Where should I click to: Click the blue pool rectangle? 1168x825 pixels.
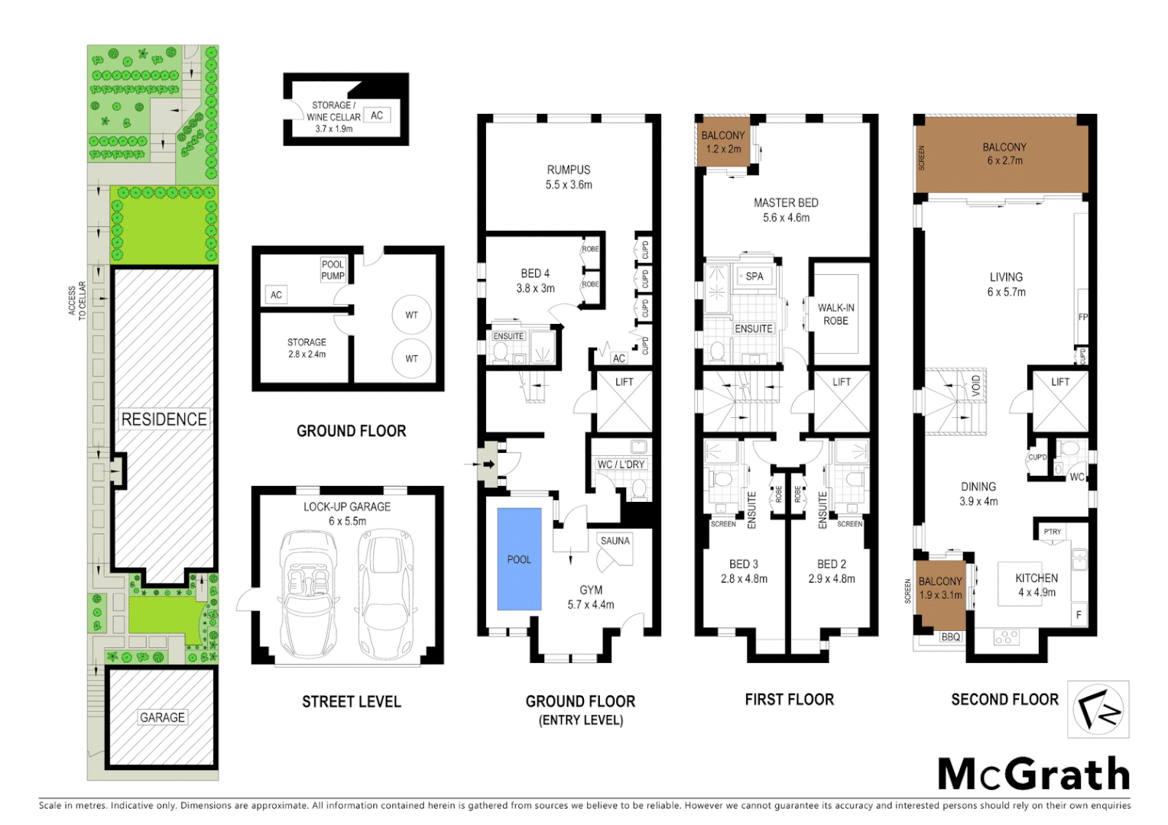(x=519, y=558)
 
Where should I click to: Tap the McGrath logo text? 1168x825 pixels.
(x=1033, y=775)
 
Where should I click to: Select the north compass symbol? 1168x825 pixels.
(x=1098, y=710)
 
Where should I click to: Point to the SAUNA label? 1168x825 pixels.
(x=615, y=541)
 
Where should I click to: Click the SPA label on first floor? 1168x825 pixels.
(x=754, y=277)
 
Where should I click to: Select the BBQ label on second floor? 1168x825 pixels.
(x=950, y=637)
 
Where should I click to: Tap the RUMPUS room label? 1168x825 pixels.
(x=568, y=170)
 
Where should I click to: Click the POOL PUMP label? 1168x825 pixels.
(x=333, y=270)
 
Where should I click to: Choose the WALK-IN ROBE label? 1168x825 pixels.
(x=835, y=314)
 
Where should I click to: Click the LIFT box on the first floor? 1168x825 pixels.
(x=841, y=402)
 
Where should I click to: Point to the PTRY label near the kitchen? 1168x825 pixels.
(x=1052, y=532)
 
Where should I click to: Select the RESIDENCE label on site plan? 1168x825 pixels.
(x=164, y=419)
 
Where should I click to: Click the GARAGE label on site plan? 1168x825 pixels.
(x=162, y=717)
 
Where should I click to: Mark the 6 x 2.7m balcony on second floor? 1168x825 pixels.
(x=1004, y=154)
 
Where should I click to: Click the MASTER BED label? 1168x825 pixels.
(x=786, y=203)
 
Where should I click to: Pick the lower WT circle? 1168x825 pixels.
(x=411, y=358)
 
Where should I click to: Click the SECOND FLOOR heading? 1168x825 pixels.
(x=1004, y=700)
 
